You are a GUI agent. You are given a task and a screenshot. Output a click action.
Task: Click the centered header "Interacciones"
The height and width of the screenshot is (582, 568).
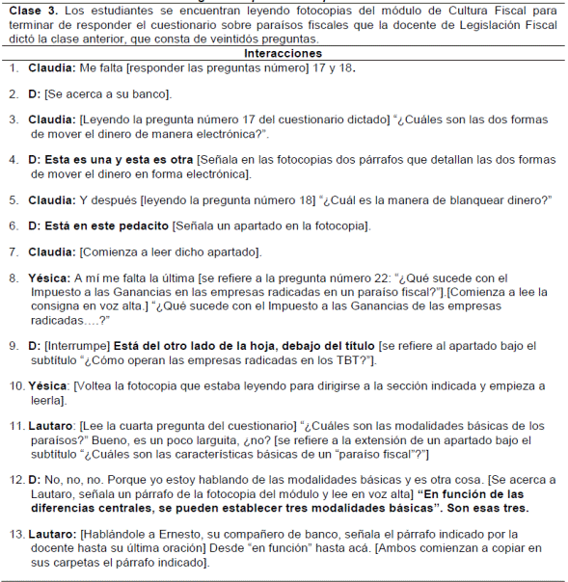[284, 53]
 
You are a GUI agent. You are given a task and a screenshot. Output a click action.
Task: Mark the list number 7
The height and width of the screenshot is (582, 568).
[14, 252]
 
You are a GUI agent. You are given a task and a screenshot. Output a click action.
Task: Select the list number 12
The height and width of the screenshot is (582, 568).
[15, 478]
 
